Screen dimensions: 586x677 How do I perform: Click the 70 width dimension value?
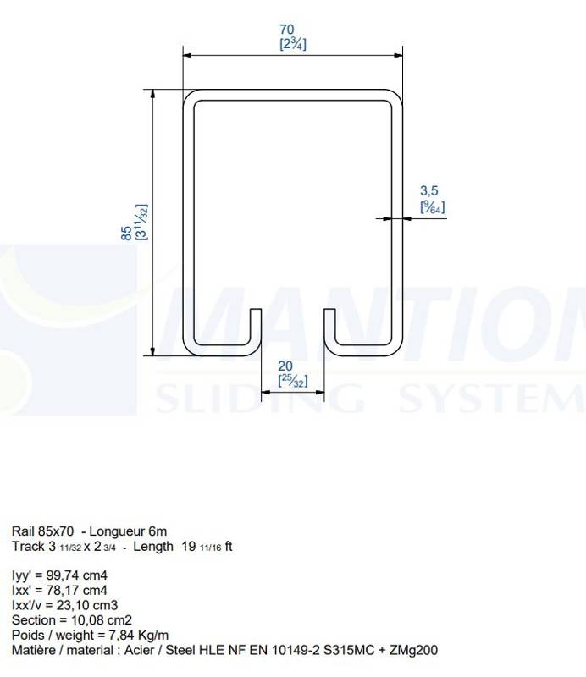(287, 30)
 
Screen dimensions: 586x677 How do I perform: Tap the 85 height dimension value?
(126, 234)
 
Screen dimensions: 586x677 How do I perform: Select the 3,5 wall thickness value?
(429, 191)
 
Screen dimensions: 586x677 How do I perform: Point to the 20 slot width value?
(285, 366)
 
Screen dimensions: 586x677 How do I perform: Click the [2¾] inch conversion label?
(293, 44)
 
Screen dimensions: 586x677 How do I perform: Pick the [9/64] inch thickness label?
(432, 207)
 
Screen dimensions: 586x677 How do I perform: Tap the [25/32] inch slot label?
(293, 381)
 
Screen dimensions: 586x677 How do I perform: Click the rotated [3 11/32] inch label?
(141, 222)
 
